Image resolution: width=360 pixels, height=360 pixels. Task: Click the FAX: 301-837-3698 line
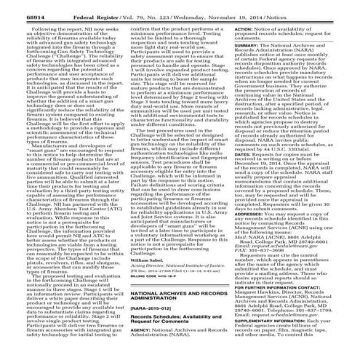[x=268, y=261]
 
